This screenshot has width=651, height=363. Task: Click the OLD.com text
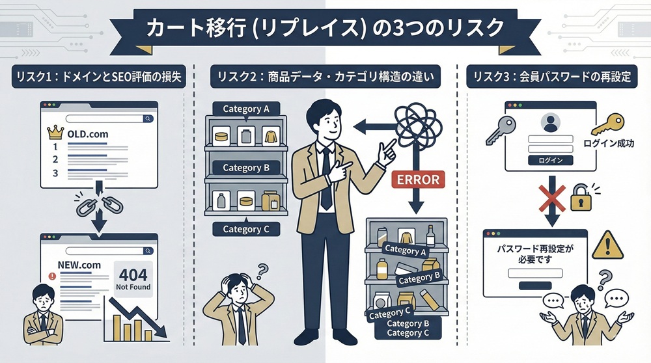(87, 133)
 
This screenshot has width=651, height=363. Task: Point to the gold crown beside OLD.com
(54, 133)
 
